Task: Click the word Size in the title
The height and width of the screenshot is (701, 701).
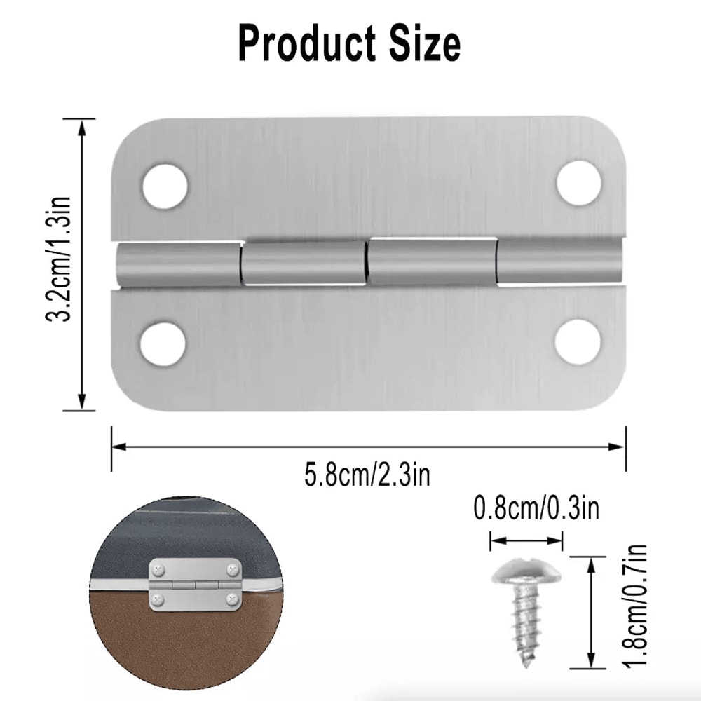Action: click(x=422, y=43)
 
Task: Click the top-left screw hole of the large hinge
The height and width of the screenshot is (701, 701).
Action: click(x=165, y=186)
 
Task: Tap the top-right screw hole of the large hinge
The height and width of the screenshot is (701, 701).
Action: click(x=580, y=183)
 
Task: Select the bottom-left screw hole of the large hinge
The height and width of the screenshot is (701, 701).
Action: click(x=163, y=343)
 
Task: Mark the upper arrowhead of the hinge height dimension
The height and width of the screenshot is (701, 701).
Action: click(x=83, y=126)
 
